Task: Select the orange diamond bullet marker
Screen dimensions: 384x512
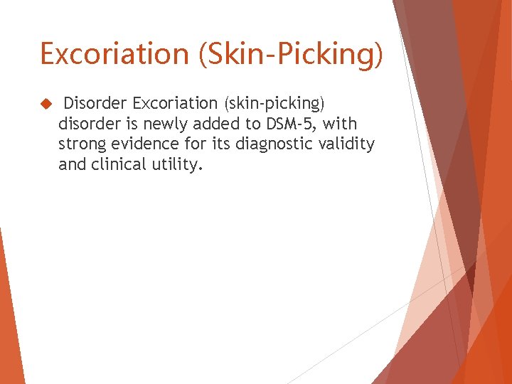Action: pyautogui.click(x=46, y=104)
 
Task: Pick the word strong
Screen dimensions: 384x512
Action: pyautogui.click(x=81, y=145)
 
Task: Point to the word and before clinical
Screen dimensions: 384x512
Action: pyautogui.click(x=72, y=166)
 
